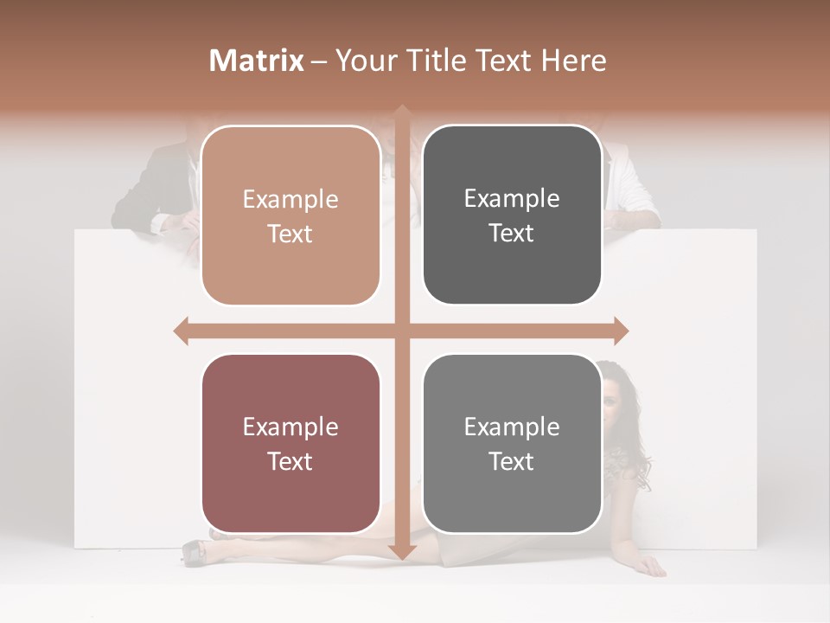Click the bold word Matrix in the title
pyautogui.click(x=257, y=61)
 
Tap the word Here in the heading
pyautogui.click(x=573, y=61)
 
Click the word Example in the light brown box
pyautogui.click(x=290, y=200)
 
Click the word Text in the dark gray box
pyautogui.click(x=512, y=234)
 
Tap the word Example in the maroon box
pyautogui.click(x=290, y=427)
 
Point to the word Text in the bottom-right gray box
pyautogui.click(x=512, y=461)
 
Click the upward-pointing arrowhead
pyautogui.click(x=402, y=113)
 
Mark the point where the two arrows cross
pyautogui.click(x=402, y=331)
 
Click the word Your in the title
pyautogui.click(x=363, y=61)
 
